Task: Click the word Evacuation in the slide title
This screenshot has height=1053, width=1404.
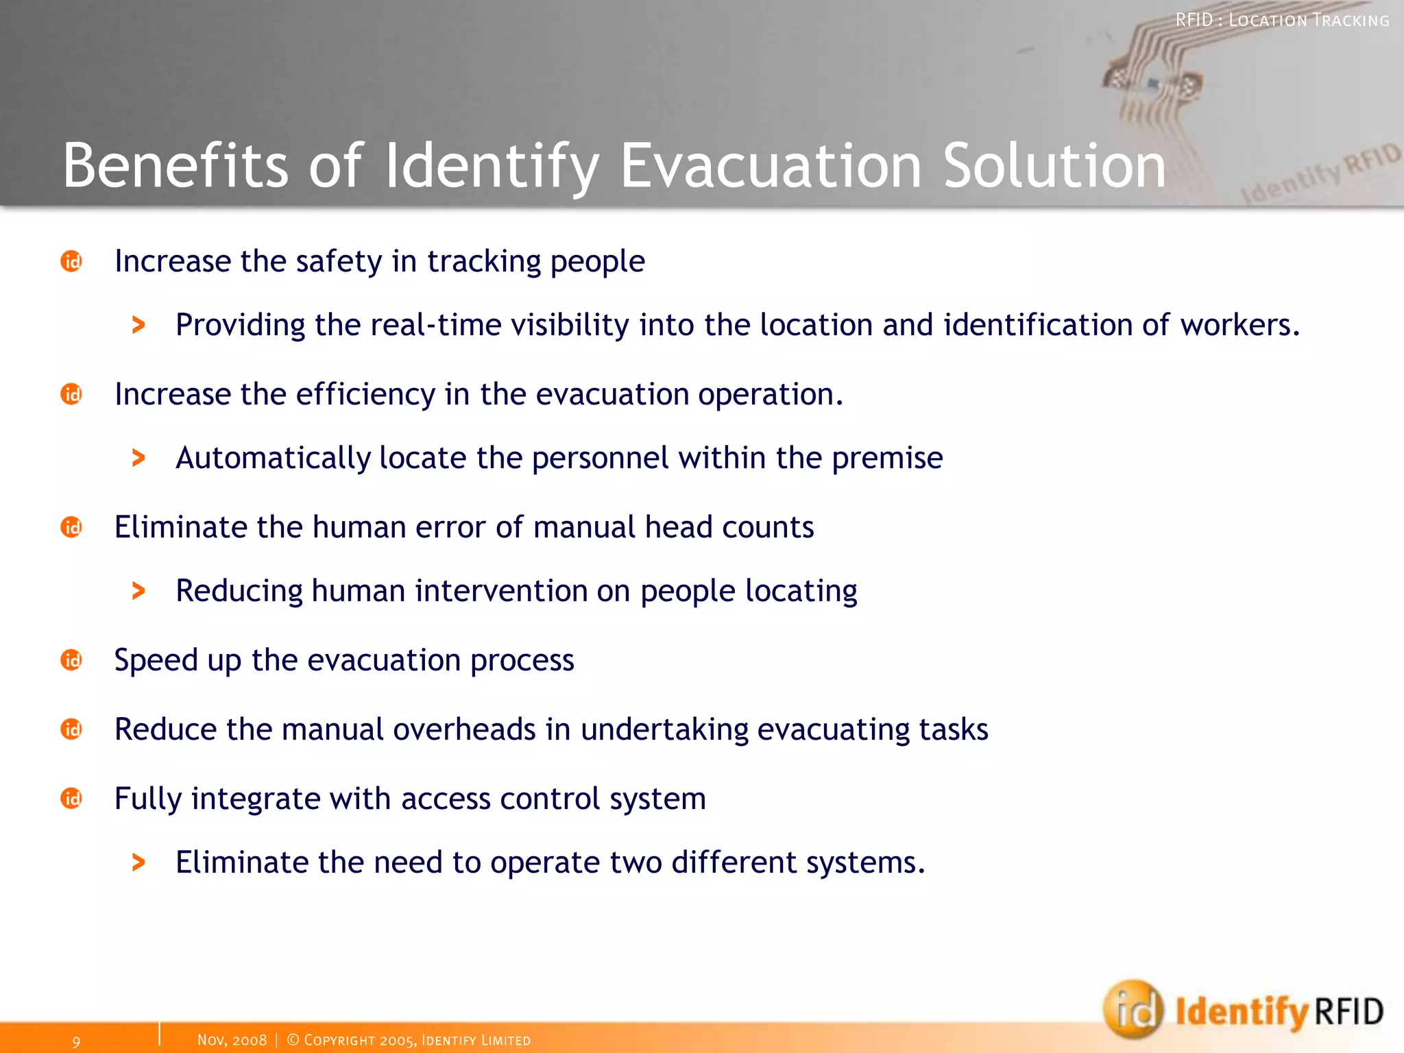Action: tap(771, 166)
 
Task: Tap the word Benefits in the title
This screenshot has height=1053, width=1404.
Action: tap(175, 166)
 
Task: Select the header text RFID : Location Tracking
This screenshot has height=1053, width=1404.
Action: tap(1282, 21)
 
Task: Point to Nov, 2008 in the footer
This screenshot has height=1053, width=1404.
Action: tap(232, 1040)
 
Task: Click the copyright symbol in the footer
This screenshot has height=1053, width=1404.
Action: tap(293, 1040)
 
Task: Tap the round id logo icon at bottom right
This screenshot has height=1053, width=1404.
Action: tap(1133, 1009)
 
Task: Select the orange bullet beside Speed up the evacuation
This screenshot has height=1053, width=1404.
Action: tap(71, 660)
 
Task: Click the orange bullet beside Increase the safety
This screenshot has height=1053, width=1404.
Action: tap(71, 261)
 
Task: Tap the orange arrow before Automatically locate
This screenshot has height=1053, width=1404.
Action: tap(138, 458)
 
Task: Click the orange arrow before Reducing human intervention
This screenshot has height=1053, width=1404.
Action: tap(138, 591)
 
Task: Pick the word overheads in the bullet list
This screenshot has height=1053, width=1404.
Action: tap(464, 729)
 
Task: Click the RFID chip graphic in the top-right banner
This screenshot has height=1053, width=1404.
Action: tap(1155, 82)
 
